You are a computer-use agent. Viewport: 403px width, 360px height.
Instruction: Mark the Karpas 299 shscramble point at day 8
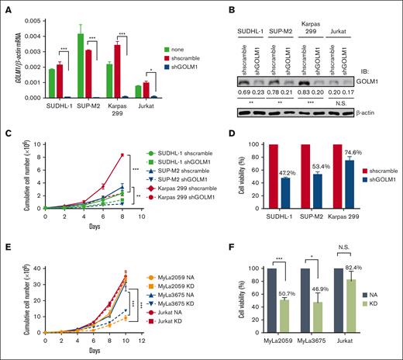pos(122,155)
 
